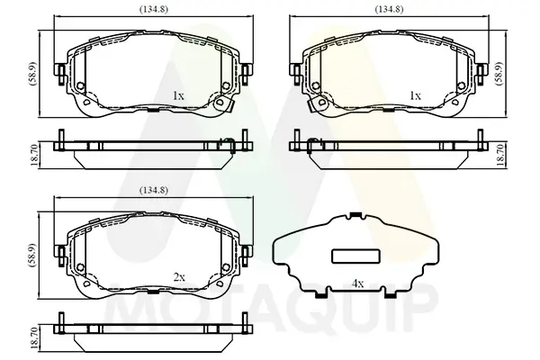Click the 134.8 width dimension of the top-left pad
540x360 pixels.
[154, 9]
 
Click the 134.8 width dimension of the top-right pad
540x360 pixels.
[389, 9]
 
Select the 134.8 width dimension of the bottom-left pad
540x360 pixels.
[154, 190]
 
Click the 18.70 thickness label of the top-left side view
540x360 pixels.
[35, 155]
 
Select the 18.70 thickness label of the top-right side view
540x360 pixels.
[500, 155]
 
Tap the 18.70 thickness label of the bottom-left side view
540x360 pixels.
[35, 338]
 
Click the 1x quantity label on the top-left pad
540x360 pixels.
[178, 95]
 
